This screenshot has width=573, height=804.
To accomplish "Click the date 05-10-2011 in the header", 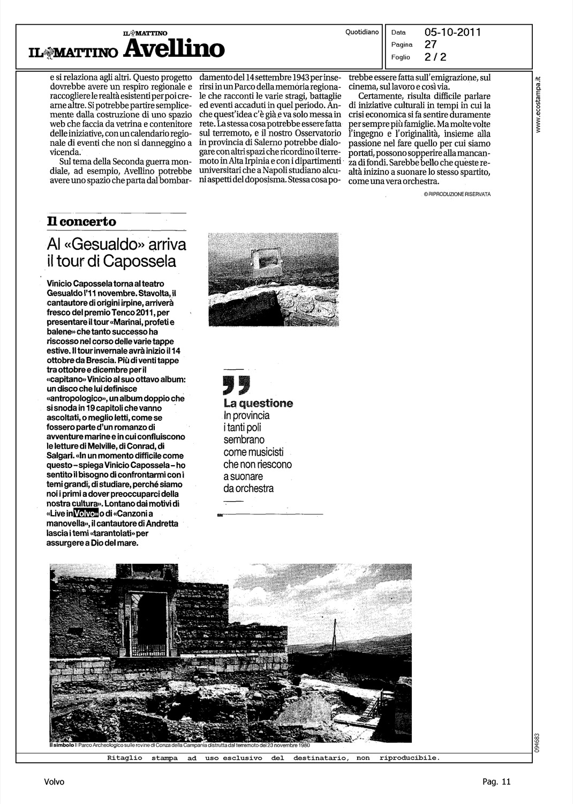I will coord(453,32).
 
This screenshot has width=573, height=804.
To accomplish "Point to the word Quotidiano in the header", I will coord(363,32).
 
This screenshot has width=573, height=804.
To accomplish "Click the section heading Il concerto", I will coord(81,221).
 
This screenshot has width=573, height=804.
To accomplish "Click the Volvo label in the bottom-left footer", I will coord(54,782).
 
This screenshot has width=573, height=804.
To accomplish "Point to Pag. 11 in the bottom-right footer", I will coord(496,782).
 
